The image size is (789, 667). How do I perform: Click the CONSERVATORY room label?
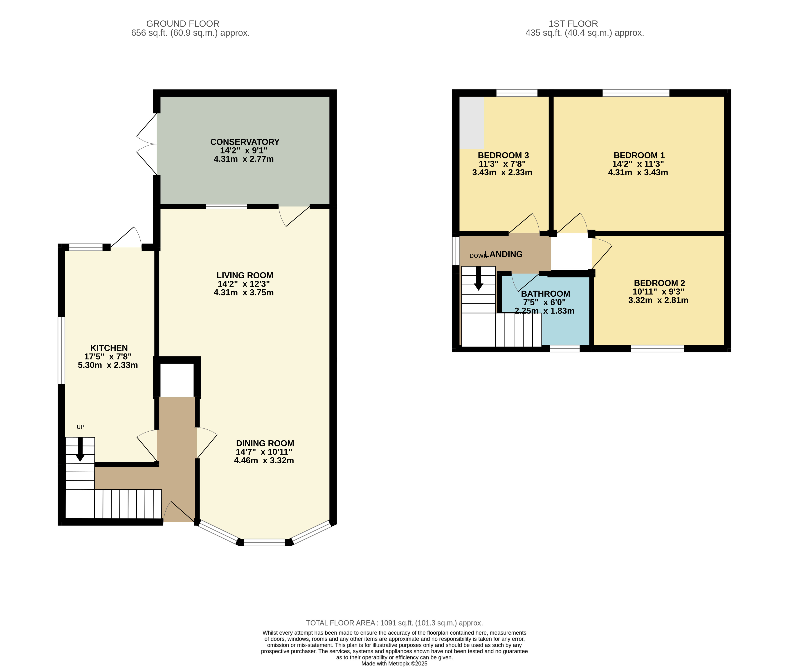[245, 142]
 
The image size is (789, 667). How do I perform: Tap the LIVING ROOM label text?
[245, 275]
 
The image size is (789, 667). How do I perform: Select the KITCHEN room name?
[109, 348]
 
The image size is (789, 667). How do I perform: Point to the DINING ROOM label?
[265, 443]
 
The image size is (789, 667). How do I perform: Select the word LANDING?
[504, 254]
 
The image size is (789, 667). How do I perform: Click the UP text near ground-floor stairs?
[80, 427]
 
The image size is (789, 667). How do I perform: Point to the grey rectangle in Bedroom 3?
[472, 122]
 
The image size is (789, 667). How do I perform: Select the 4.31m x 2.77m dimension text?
[243, 159]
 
